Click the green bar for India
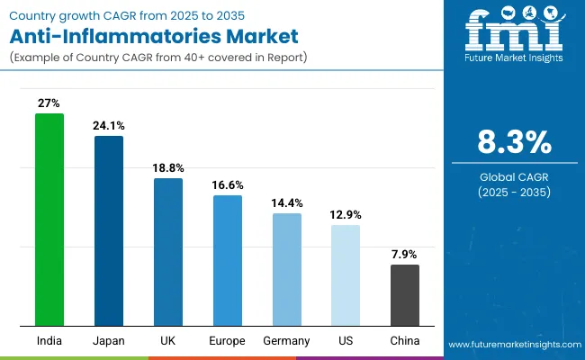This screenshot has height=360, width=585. (49, 220)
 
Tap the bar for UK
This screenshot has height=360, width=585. (168, 252)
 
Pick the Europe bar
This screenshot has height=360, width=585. (228, 260)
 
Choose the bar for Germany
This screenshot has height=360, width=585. (287, 269)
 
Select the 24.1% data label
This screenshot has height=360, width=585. (109, 125)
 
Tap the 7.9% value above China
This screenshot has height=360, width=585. (404, 255)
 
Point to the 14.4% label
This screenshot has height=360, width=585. (287, 203)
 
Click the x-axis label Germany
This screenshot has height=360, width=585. (287, 341)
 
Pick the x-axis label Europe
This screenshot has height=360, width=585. (228, 341)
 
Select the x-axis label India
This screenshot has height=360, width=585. (49, 341)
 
